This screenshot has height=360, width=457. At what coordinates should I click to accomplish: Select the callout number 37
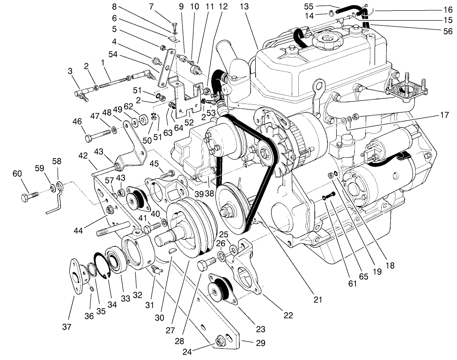coord(67,327)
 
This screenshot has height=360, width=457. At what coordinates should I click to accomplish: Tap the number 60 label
coord(17,174)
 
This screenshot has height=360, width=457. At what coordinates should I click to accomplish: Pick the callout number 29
coord(260,343)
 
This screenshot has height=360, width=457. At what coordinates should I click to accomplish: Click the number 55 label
coord(308,6)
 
